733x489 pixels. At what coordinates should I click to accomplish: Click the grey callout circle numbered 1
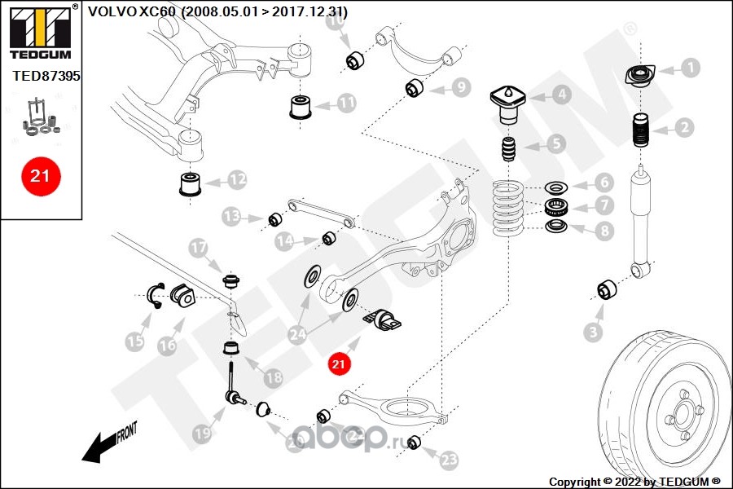(690, 68)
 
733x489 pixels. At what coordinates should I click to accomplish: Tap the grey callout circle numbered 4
(561, 95)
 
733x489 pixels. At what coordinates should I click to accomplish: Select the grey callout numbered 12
(236, 178)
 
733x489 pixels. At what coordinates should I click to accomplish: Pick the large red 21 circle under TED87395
(40, 175)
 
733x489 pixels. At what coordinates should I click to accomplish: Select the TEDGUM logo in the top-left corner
(40, 29)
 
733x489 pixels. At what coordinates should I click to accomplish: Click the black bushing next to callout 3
(607, 289)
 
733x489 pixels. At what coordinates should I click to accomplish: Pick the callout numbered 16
(166, 345)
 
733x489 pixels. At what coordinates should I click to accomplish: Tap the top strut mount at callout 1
(638, 76)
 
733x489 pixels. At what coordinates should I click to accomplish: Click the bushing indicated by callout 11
(302, 108)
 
